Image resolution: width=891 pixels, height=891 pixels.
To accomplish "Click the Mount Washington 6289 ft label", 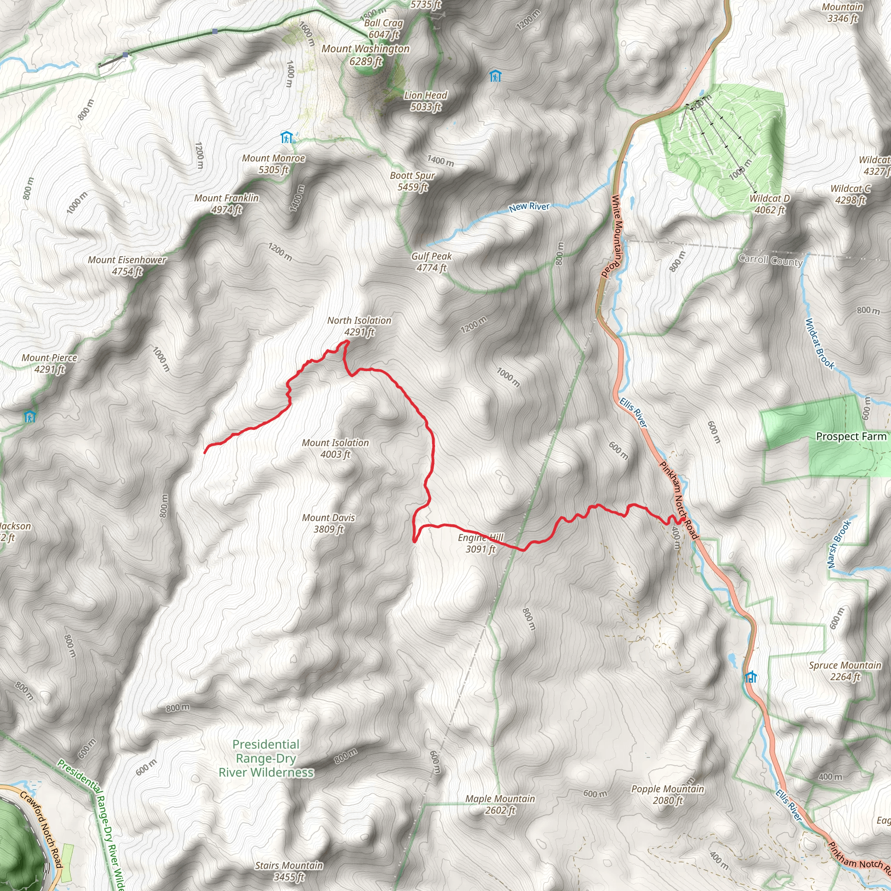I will tap(365, 55).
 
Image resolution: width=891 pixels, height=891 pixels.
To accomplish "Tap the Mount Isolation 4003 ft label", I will tap(335, 448).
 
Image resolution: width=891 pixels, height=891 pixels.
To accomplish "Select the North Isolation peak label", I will tap(359, 326).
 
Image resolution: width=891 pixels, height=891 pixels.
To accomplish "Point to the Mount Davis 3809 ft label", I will tap(328, 523).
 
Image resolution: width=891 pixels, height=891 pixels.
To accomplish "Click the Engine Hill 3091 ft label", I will tap(481, 543).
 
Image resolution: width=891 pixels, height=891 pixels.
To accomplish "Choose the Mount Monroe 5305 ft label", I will tap(274, 164).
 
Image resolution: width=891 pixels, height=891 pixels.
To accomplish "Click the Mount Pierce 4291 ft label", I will tap(49, 363).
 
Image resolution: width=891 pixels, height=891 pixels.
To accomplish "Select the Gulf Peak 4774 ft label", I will tap(432, 262).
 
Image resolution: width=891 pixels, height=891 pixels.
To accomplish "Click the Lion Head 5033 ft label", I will tap(425, 101).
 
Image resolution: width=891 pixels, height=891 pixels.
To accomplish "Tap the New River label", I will tap(529, 207).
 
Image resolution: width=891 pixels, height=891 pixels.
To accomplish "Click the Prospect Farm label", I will tap(851, 436).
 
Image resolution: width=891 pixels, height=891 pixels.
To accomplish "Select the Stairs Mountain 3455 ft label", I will tap(289, 871).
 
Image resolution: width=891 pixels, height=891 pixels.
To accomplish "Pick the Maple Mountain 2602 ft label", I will tap(500, 804).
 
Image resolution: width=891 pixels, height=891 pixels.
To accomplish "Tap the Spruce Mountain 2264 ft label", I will tap(845, 671).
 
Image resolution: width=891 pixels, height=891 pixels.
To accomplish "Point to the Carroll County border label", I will tap(770, 260).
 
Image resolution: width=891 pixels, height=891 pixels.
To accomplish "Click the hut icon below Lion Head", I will tap(495, 76).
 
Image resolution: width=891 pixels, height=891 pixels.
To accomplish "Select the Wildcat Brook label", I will tap(820, 344).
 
